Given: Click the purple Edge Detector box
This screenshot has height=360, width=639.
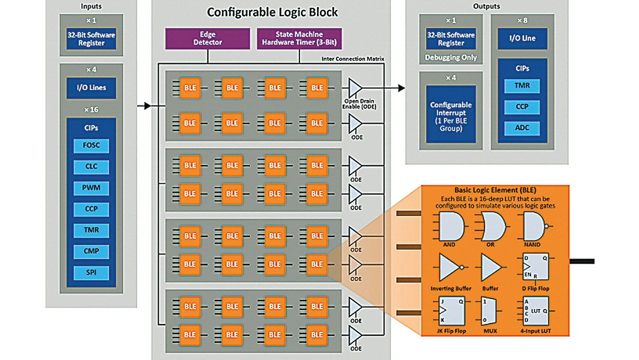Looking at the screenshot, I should point(207,38).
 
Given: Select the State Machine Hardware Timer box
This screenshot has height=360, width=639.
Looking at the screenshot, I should point(299,38).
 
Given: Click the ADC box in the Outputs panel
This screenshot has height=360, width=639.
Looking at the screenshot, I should point(522,127).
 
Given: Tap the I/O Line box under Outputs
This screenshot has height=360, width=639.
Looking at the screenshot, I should point(522,38).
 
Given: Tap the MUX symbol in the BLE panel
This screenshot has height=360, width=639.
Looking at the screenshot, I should point(490,312).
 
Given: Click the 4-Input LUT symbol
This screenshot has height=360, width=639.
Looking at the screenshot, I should point(536,312).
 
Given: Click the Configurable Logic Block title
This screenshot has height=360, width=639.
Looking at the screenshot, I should point(273,12).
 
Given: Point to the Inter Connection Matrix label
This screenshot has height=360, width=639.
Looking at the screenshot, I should point(353,59).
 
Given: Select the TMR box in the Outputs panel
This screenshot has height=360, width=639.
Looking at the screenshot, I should point(522,86).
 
